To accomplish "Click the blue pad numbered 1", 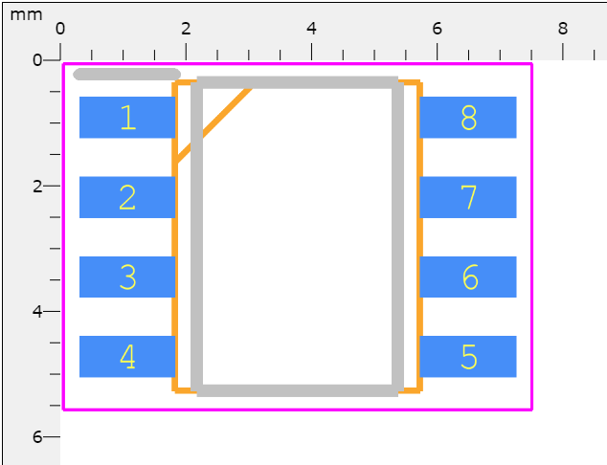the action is pos(127,118).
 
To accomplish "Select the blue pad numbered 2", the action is pos(127,197).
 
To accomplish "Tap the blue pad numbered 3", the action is pos(127,277).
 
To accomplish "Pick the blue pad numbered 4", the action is pos(127,357).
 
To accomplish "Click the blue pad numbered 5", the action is pos(468,357).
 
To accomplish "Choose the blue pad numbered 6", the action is pos(468,277).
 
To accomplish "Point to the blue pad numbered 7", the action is pos(468,197).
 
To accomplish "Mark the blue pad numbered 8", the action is pos(468,118).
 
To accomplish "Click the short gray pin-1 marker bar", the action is pos(127,75).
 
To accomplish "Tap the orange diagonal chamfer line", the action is pos(214,124).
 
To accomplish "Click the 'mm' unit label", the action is pos(26,15).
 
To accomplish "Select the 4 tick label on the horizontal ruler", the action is pos(311,29).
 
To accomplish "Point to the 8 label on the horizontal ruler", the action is pos(563,29).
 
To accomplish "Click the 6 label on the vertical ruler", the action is pos(37,436).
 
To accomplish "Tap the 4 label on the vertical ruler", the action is pos(37,311).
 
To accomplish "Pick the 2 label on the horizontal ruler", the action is pos(186,29).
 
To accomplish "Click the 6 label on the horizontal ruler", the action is pos(437,29).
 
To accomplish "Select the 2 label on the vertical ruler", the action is pos(37,186).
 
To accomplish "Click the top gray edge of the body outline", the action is pos(298,82).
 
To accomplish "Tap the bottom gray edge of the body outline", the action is pos(298,390).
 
